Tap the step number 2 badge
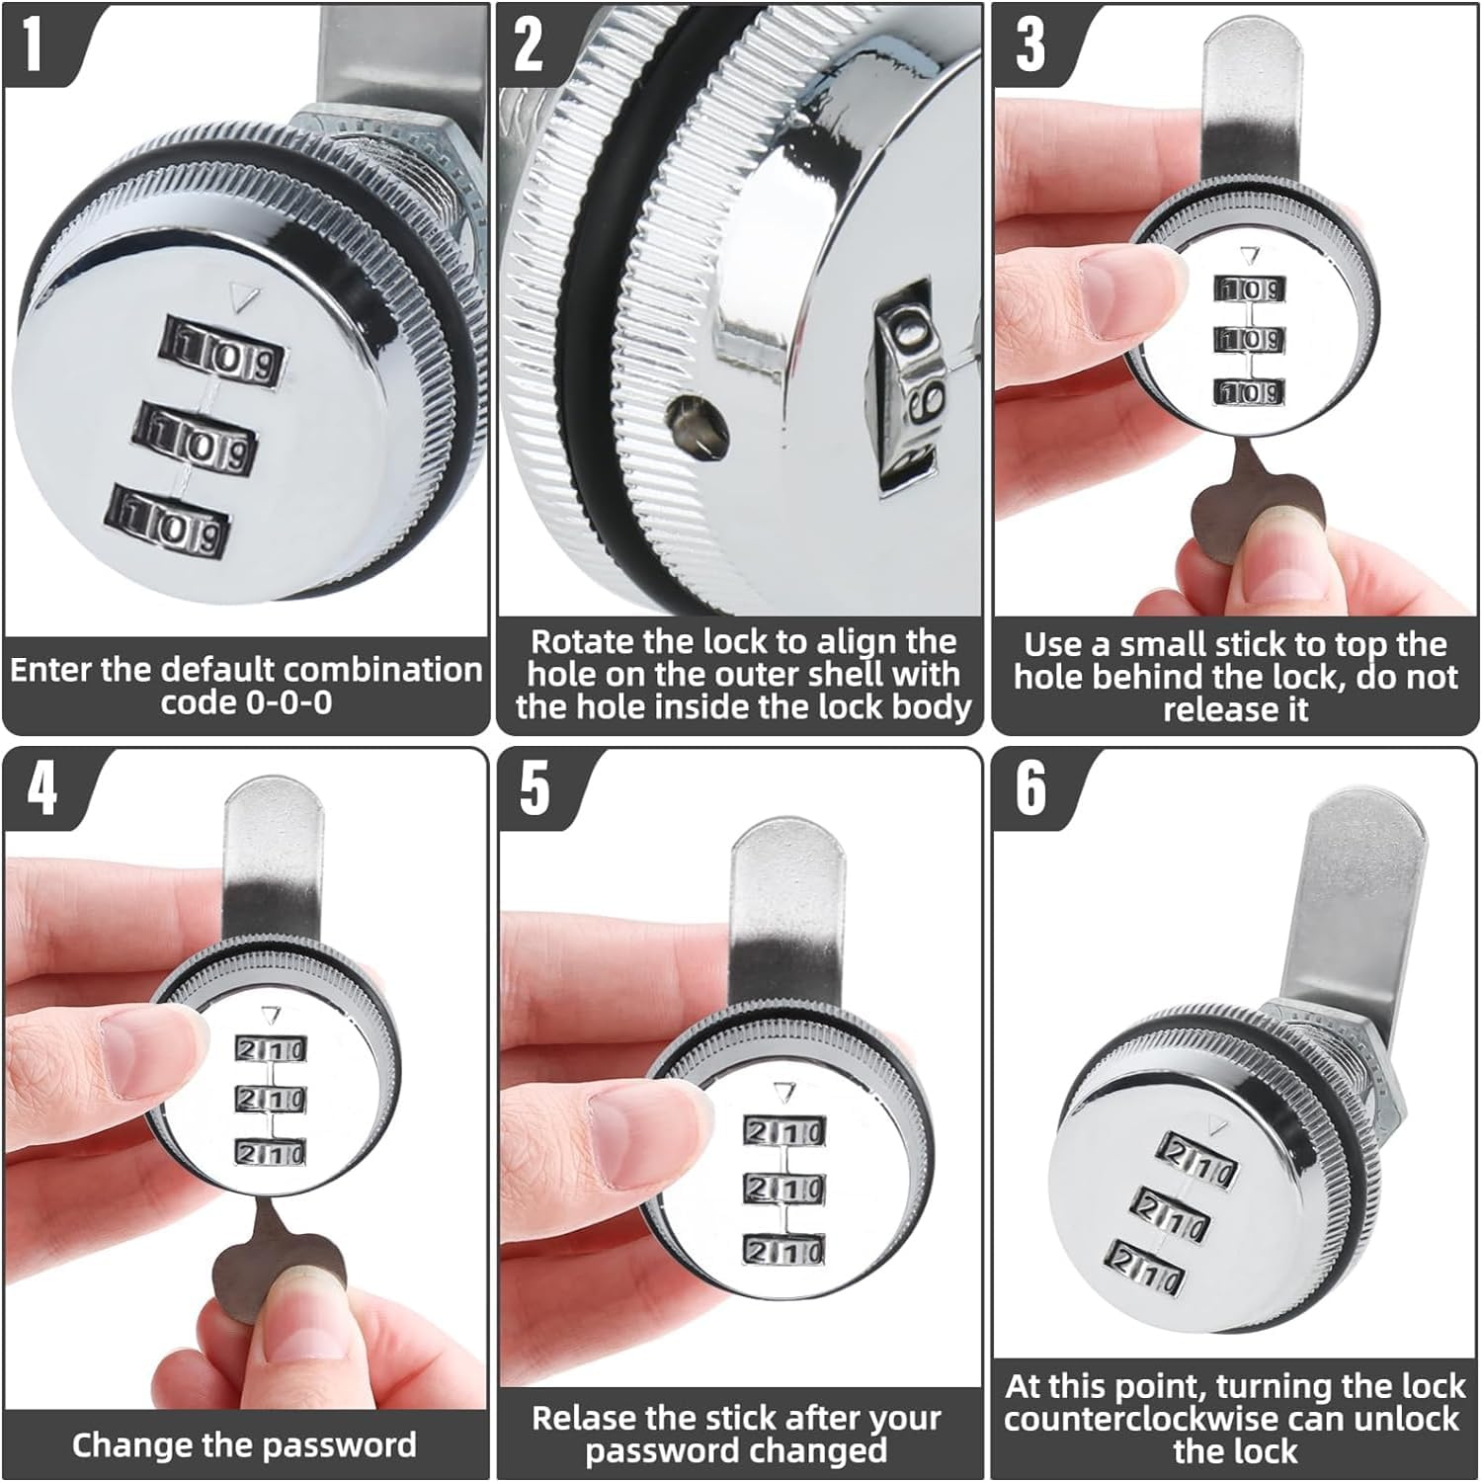[529, 44]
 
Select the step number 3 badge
[1029, 44]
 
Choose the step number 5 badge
[534, 787]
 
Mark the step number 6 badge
[1029, 787]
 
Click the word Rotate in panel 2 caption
[584, 642]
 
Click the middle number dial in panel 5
[783, 1188]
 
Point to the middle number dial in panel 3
[1249, 340]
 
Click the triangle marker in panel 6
[1217, 1124]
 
